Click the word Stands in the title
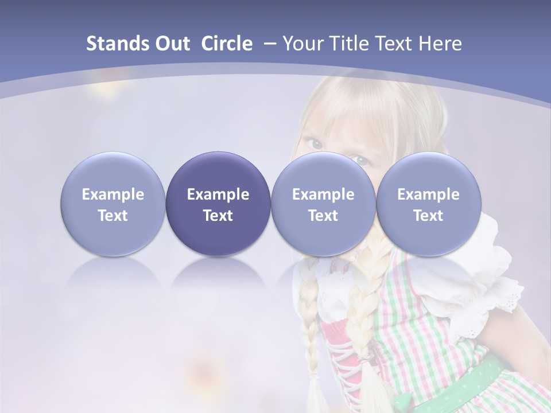pyautogui.click(x=117, y=44)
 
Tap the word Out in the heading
pyautogui.click(x=171, y=44)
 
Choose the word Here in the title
pyautogui.click(x=440, y=44)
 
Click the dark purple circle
pyautogui.click(x=218, y=172)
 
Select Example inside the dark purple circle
pyautogui.click(x=218, y=194)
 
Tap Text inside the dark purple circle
pyautogui.click(x=218, y=216)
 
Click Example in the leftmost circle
pyautogui.click(x=113, y=194)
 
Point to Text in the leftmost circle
pyautogui.click(x=113, y=216)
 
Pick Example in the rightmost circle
pyautogui.click(x=428, y=194)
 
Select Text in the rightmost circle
pyautogui.click(x=428, y=216)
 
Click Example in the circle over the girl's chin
pyautogui.click(x=323, y=194)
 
